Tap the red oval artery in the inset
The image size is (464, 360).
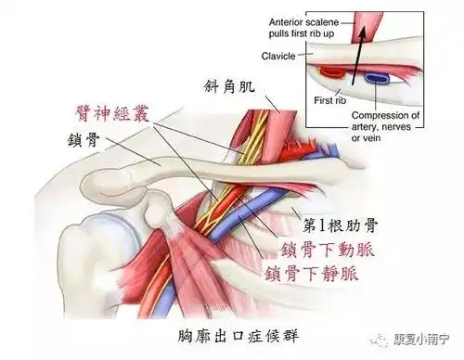329,71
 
